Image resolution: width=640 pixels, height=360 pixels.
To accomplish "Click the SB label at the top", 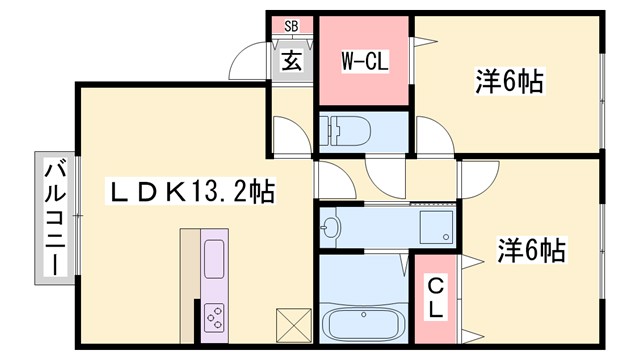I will [291, 27].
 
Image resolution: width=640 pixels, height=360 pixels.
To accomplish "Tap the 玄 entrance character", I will [291, 61].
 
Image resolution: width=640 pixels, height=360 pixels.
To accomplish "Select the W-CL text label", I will [365, 62].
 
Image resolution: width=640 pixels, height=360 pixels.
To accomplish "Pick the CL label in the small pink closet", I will [436, 297].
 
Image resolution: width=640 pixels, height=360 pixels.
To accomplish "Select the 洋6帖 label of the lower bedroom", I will [531, 248].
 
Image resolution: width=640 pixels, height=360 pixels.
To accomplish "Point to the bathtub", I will [362, 324].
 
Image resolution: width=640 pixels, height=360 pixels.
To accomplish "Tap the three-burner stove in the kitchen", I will [216, 317].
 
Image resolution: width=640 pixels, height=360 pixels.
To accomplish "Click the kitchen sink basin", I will [216, 261].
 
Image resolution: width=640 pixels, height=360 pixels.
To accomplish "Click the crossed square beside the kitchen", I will [292, 326].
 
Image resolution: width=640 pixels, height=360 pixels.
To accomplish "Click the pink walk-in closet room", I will [364, 85].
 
